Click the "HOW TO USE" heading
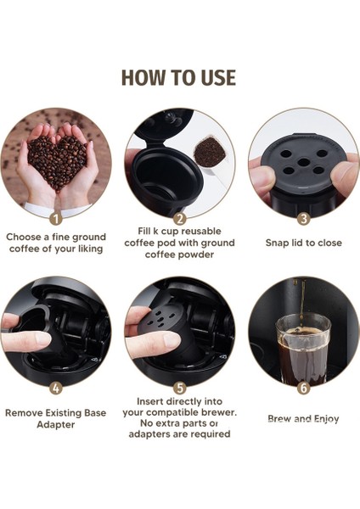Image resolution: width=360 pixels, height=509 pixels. [178, 77]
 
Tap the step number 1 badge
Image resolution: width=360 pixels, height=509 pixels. [56, 219]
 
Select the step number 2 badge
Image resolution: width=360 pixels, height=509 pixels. [180, 218]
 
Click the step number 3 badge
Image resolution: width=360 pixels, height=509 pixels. [303, 218]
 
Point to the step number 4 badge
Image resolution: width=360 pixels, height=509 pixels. [56, 388]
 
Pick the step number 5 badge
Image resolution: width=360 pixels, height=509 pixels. [180, 388]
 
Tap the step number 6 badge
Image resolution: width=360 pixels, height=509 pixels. [303, 388]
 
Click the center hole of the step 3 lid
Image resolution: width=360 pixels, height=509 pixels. [303, 162]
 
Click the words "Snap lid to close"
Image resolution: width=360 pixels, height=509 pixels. [303, 243]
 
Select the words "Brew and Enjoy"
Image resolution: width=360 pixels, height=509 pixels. [303, 419]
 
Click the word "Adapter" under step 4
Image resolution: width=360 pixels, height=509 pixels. [55, 425]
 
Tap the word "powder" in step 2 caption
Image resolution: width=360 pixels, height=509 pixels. [196, 255]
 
